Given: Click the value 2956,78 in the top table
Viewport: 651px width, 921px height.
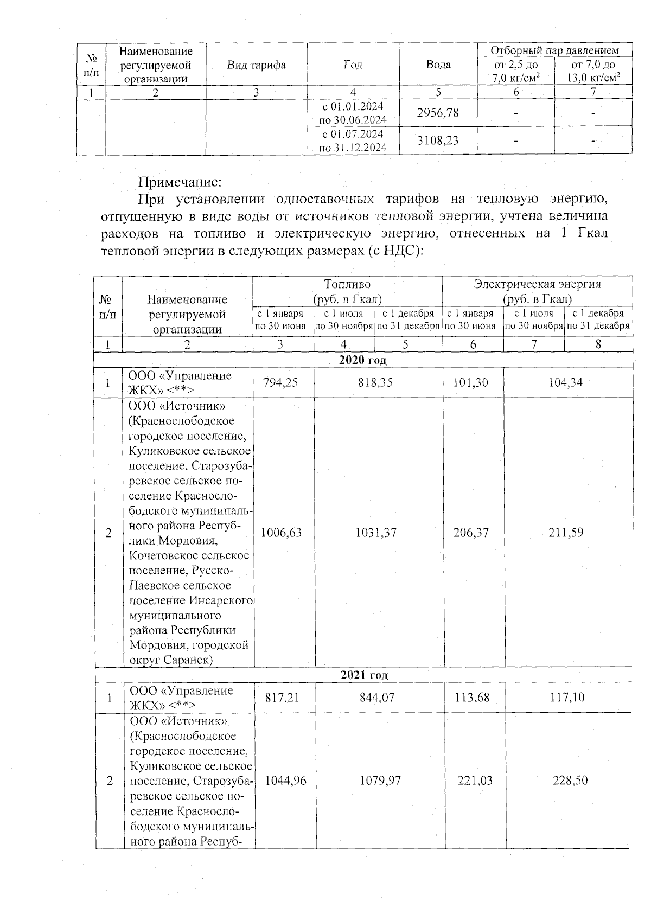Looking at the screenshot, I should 438,112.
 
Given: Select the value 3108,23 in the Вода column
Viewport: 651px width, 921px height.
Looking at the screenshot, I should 438,140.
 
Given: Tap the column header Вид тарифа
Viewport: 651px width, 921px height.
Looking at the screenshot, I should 257,65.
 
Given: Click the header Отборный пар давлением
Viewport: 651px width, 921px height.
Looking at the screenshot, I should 554,50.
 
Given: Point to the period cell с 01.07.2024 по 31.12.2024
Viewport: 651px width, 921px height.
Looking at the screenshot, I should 353,140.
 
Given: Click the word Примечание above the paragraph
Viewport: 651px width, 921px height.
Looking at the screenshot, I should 180,181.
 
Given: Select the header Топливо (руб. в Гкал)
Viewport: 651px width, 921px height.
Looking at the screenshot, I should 347,291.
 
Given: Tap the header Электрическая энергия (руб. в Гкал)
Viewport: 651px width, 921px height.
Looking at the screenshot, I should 537,291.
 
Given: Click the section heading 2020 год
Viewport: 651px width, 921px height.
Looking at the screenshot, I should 363,360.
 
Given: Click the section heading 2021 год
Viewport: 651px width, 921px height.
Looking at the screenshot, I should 364,675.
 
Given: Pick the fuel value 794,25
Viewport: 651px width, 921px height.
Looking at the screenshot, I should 280,382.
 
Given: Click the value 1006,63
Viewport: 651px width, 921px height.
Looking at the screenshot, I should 281,533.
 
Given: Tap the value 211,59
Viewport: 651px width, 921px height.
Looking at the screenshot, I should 566,533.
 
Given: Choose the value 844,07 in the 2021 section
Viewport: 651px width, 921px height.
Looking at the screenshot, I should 377,697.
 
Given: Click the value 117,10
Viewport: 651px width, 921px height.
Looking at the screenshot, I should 567,697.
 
